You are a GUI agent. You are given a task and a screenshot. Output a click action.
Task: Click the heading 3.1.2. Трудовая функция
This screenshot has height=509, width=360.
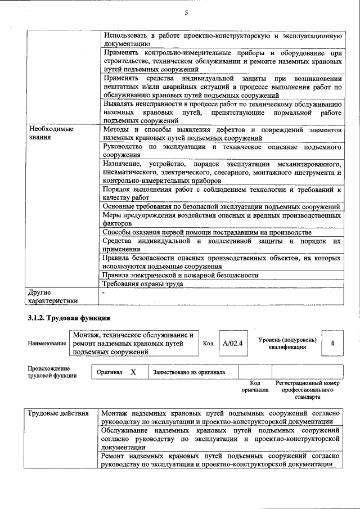(68, 318)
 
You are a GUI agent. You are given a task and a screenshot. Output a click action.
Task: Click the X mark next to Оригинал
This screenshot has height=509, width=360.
(133, 372)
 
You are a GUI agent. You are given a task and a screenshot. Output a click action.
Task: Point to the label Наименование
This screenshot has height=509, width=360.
(47, 343)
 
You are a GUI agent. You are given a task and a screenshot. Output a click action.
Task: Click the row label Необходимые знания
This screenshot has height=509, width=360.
(51, 133)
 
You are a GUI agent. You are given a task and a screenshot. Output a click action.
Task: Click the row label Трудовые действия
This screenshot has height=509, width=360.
(58, 414)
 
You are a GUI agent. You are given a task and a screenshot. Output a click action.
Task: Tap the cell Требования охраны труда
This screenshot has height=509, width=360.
(143, 285)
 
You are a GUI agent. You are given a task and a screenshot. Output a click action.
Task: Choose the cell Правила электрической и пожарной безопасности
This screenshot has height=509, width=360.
(180, 275)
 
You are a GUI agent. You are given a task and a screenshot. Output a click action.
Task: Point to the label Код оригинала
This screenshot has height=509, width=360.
(255, 386)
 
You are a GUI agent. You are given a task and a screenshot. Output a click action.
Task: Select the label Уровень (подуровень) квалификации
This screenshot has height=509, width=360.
(287, 343)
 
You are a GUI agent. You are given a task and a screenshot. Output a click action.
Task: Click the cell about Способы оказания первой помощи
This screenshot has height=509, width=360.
(206, 232)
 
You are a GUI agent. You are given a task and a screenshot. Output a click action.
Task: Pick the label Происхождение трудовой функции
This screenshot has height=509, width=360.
(52, 372)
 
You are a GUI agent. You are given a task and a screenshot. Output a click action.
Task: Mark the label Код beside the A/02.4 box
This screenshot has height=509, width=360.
(208, 343)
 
